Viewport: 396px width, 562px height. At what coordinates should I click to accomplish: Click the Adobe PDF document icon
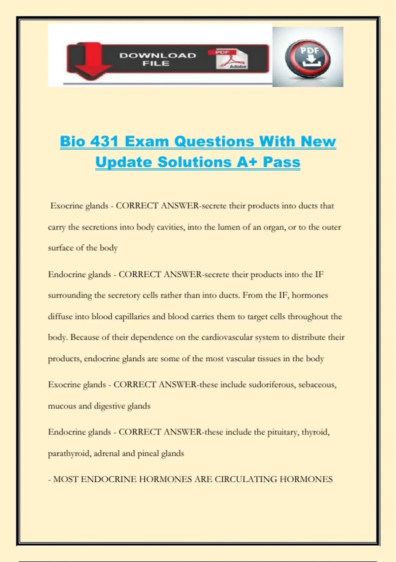232,59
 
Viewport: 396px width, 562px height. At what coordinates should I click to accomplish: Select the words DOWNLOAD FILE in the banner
157,59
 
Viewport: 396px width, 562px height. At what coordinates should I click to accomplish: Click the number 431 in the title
104,141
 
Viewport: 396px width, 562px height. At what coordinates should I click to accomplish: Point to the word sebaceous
317,384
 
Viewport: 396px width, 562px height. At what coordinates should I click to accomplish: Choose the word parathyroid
69,453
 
